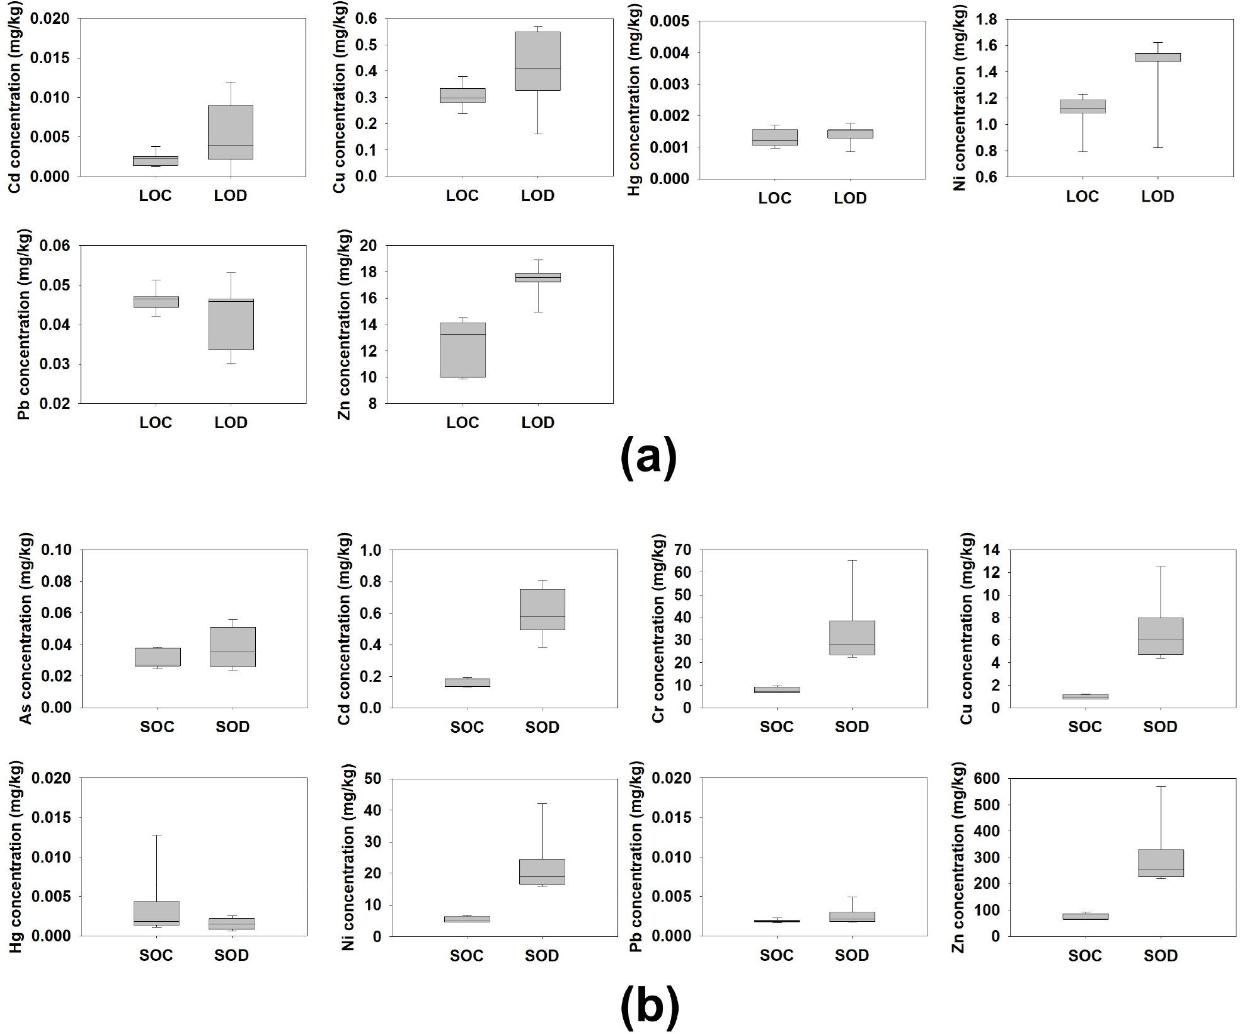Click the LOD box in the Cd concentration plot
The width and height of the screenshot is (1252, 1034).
[230, 132]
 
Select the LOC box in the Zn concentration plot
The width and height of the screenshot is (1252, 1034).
[462, 350]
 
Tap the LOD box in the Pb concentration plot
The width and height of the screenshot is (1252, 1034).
[231, 324]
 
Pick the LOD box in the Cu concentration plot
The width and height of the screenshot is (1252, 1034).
[537, 61]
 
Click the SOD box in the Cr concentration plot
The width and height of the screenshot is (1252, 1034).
[852, 638]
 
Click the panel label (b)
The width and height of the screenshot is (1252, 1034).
[650, 1004]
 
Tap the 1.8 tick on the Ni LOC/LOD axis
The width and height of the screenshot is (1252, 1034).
[987, 20]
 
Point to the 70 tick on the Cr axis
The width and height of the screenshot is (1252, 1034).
[684, 550]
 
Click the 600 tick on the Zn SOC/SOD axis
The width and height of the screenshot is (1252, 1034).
[987, 779]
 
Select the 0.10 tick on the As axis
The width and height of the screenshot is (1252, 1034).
[57, 550]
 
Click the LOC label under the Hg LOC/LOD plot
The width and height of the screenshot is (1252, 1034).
[774, 198]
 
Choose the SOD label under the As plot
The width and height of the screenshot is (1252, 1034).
[233, 727]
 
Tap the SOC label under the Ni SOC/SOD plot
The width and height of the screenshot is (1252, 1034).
[466, 956]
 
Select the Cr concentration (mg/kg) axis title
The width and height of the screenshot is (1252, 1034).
[658, 628]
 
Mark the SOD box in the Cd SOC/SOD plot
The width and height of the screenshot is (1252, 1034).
[542, 609]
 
